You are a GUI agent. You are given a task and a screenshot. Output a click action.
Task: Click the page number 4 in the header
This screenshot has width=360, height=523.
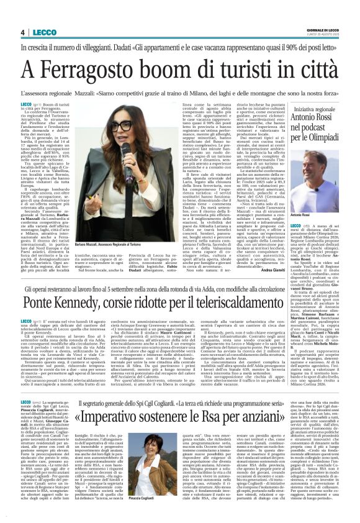tap(22, 32)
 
